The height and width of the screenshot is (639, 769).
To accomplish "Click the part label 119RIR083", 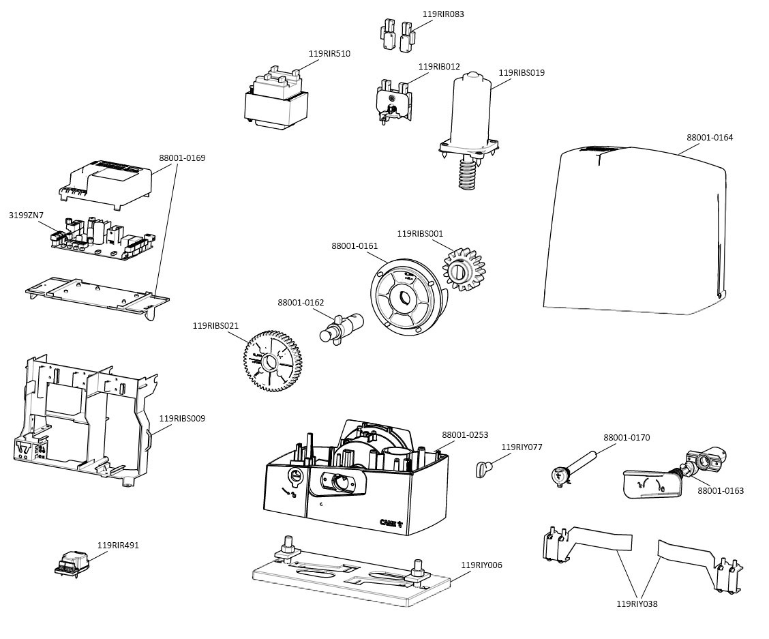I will click(x=443, y=14).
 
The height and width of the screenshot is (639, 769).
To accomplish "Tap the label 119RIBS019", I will click(x=522, y=72).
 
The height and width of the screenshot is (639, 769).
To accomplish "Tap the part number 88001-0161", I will click(x=355, y=246).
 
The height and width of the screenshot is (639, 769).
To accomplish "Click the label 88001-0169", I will click(x=182, y=158).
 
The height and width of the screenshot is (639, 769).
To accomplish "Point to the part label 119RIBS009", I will click(x=182, y=418).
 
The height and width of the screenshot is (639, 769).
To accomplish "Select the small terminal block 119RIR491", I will click(x=73, y=563).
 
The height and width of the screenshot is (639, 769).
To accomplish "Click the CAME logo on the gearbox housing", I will click(x=391, y=522).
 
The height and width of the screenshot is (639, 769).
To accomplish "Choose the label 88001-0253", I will click(x=465, y=434).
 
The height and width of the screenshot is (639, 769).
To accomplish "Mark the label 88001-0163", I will click(x=721, y=490).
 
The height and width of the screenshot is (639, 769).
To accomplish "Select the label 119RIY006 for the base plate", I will click(x=481, y=565).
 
